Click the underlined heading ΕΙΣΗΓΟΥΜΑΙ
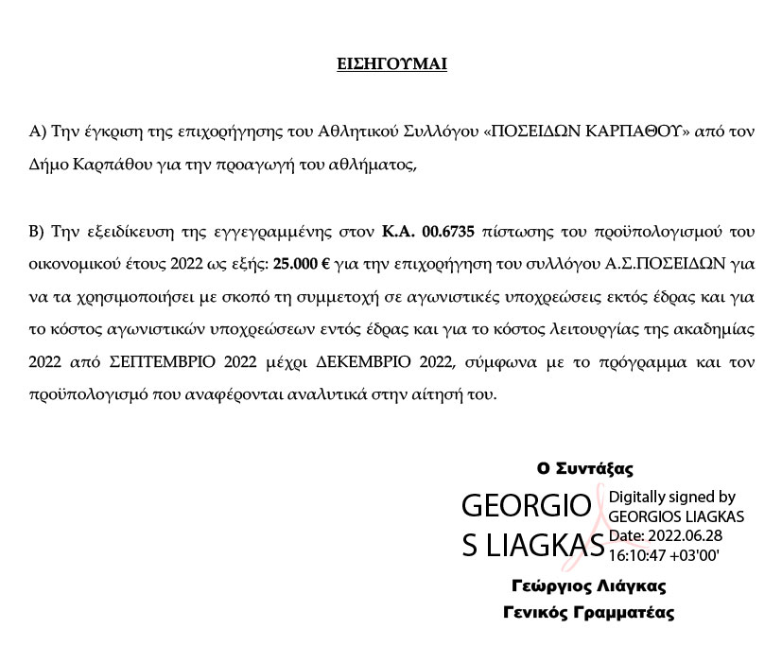coord(391,65)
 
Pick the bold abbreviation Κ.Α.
coord(400,231)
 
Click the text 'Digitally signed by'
coord(671,498)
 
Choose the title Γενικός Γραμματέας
coord(588,612)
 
